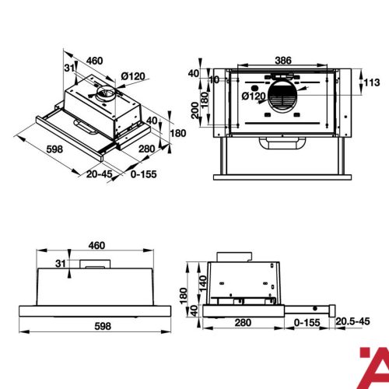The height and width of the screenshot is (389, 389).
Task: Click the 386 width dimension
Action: pyautogui.click(x=284, y=59)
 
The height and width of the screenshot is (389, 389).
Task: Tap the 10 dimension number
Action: pyautogui.click(x=215, y=79)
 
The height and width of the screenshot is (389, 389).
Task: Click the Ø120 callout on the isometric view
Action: pyautogui.click(x=134, y=75)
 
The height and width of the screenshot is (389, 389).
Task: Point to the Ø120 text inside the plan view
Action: pyautogui.click(x=254, y=96)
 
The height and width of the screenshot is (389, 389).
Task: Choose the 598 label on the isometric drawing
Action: pyautogui.click(x=32, y=149)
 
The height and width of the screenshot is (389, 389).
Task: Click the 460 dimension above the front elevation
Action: pyautogui.click(x=96, y=245)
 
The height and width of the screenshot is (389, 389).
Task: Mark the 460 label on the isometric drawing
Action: pyautogui.click(x=95, y=61)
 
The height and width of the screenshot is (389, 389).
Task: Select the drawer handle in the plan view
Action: pyautogui.click(x=283, y=143)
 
